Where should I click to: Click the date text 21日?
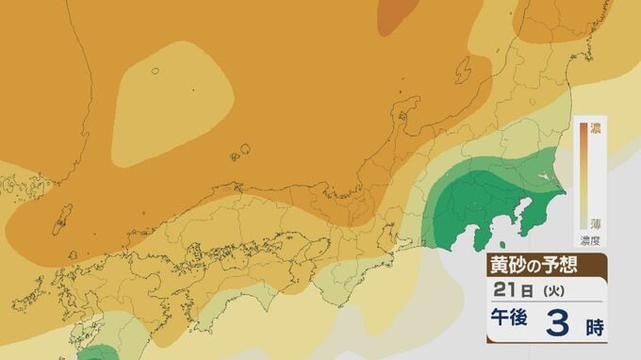click(508, 290)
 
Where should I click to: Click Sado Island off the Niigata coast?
click(464, 68)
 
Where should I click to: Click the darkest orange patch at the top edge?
click(401, 14)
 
